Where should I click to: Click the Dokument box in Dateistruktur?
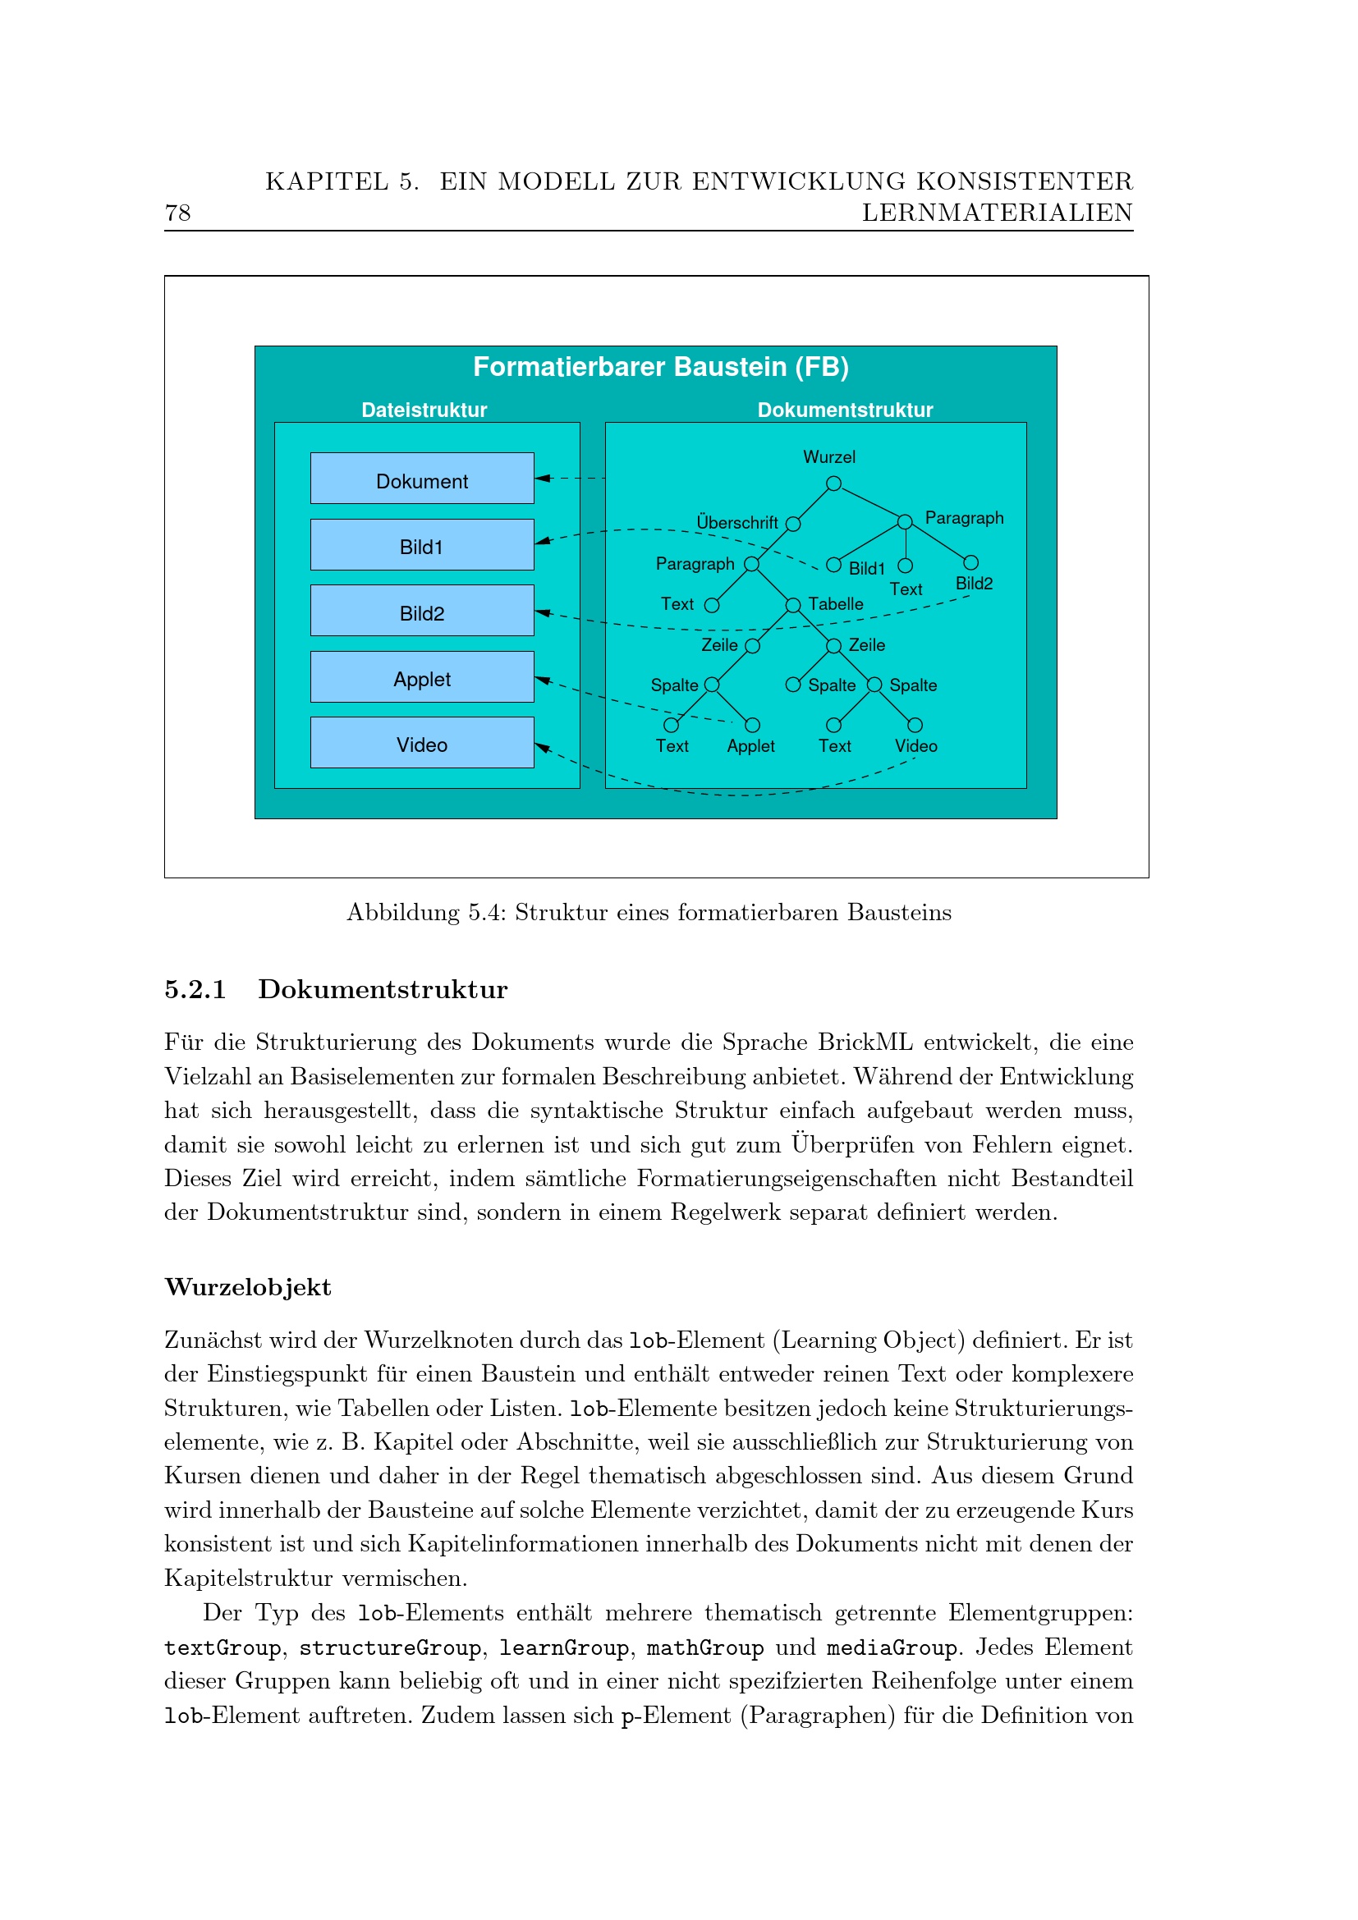click(x=421, y=479)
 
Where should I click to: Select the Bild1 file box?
click(x=421, y=544)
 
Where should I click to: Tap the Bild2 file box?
click(x=421, y=611)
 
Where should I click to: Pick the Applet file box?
click(x=421, y=676)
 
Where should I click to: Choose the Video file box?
click(x=421, y=743)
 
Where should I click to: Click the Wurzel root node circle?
click(x=833, y=483)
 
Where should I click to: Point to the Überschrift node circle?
click(x=793, y=525)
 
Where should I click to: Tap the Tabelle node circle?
click(x=793, y=605)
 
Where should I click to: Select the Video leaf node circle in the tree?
click(x=915, y=725)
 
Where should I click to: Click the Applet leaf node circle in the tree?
click(x=752, y=725)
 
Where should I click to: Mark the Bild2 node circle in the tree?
click(x=970, y=563)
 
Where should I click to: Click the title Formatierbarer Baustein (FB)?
click(x=661, y=367)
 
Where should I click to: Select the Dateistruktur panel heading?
click(x=424, y=410)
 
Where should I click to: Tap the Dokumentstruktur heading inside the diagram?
click(x=845, y=410)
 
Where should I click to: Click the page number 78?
click(x=178, y=213)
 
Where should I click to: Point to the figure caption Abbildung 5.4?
click(x=649, y=912)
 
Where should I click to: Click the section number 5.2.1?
click(x=195, y=989)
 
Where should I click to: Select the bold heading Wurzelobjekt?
click(x=247, y=1287)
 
